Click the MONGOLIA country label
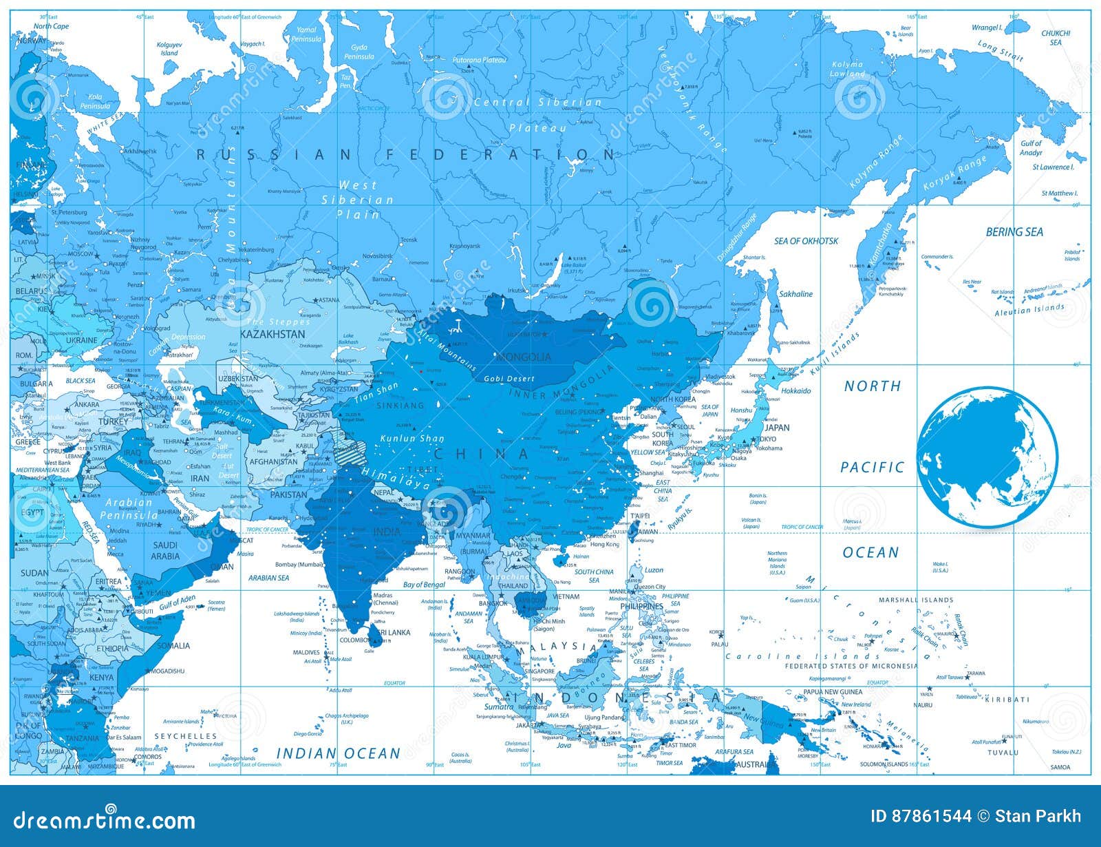pyautogui.click(x=524, y=357)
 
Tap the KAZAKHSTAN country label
pyautogui.click(x=272, y=334)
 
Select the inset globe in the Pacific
pyautogui.click(x=987, y=457)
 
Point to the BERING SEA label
pyautogui.click(x=1014, y=232)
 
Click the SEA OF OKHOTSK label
pyautogui.click(x=806, y=241)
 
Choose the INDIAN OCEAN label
pyautogui.click(x=338, y=753)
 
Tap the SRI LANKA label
pyautogui.click(x=391, y=632)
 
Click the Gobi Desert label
pyautogui.click(x=509, y=379)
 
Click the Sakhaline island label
pyautogui.click(x=795, y=294)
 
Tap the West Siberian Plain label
pyautogui.click(x=358, y=200)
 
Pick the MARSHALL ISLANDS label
pyautogui.click(x=916, y=600)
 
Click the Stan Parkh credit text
pyautogui.click(x=1038, y=817)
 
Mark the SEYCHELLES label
pyautogui.click(x=185, y=736)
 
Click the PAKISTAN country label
pyautogui.click(x=288, y=494)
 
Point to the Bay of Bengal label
pyautogui.click(x=424, y=585)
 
